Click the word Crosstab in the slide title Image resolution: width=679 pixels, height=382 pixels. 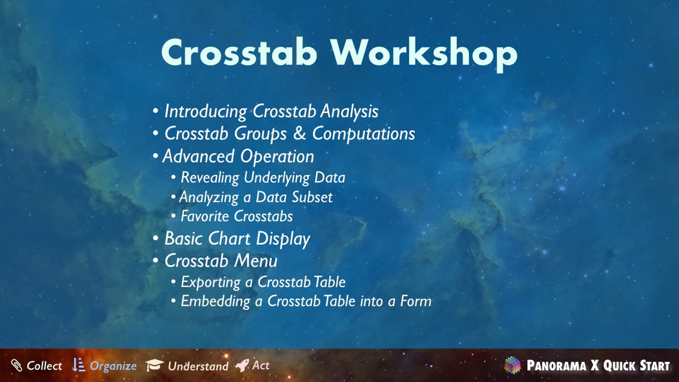239,53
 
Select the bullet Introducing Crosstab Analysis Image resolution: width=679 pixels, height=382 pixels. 271,111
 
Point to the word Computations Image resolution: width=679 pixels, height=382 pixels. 364,134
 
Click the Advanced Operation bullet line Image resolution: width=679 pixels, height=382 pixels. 238,156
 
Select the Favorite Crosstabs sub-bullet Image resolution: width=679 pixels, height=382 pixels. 237,216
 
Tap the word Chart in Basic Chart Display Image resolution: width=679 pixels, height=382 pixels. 229,238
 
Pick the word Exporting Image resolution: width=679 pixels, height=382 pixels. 211,282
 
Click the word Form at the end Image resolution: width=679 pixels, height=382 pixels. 416,301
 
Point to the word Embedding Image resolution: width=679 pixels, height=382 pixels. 216,301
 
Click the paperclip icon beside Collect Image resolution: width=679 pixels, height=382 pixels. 16,366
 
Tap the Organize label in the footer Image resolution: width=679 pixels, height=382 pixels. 113,366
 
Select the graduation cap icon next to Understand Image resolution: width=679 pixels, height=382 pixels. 154,365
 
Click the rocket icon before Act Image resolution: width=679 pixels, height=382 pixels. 242,365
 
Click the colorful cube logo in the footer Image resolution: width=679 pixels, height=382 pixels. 512,365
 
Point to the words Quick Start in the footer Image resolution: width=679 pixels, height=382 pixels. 637,366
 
